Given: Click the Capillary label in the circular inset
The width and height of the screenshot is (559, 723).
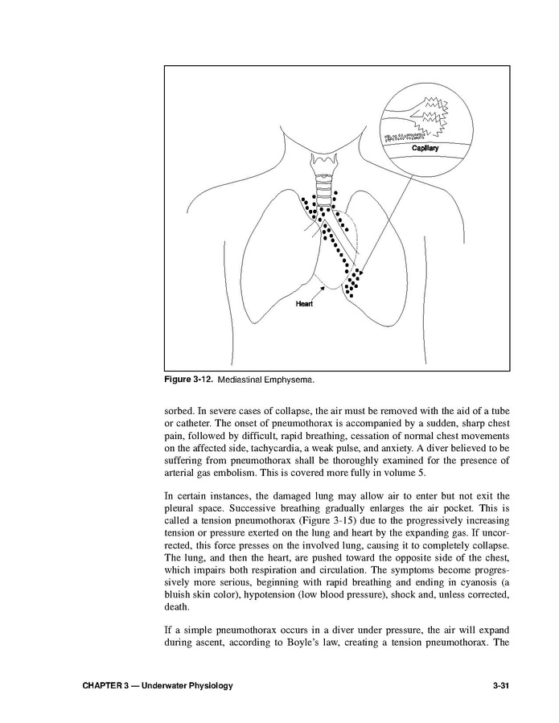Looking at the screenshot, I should pos(425,148).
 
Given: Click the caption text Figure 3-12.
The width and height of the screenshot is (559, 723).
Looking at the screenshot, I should pos(189,377).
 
